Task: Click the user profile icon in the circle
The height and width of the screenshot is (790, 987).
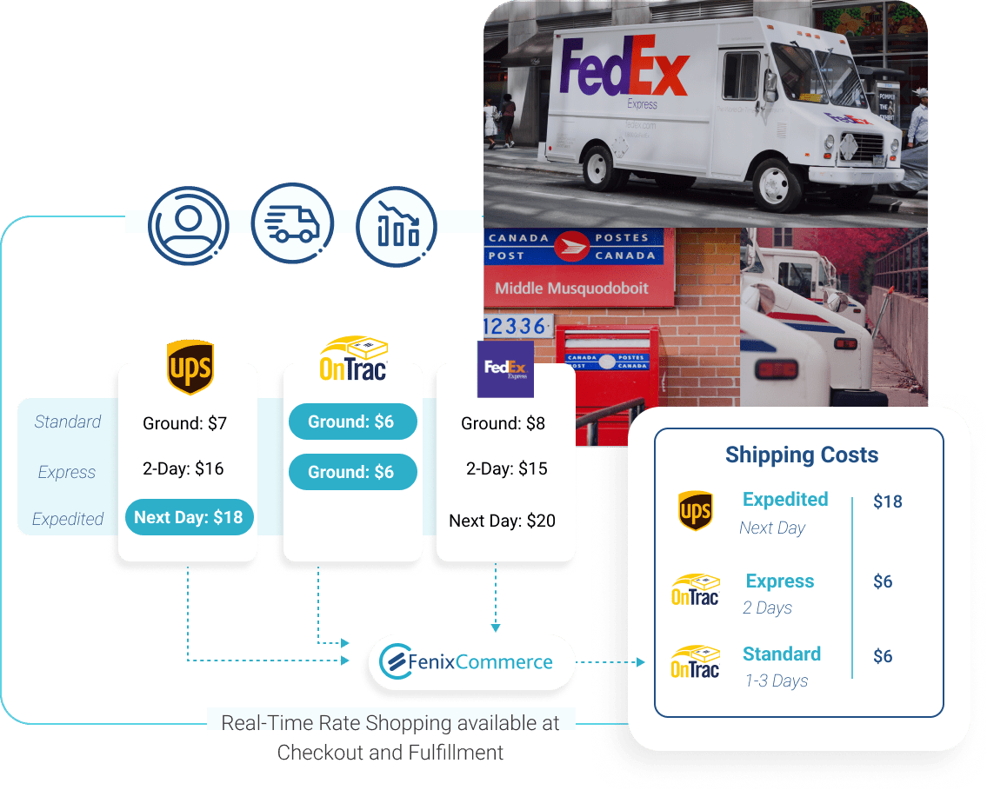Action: pyautogui.click(x=188, y=224)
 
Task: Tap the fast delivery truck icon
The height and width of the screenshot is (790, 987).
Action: pyautogui.click(x=292, y=224)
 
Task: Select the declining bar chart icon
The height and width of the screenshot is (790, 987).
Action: pyautogui.click(x=397, y=224)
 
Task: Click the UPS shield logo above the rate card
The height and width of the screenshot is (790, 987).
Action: pyautogui.click(x=190, y=367)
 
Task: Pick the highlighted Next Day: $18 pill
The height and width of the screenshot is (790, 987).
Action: pyautogui.click(x=189, y=518)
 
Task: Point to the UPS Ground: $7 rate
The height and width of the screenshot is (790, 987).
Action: pyautogui.click(x=184, y=423)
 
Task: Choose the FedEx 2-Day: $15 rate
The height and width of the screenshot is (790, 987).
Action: pyautogui.click(x=507, y=468)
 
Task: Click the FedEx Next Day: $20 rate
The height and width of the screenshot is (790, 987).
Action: pyautogui.click(x=502, y=521)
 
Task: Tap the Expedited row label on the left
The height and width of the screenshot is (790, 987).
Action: pyautogui.click(x=68, y=519)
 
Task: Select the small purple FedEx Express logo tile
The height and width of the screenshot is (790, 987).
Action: pyautogui.click(x=505, y=368)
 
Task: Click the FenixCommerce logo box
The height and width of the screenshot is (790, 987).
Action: pyautogui.click(x=471, y=662)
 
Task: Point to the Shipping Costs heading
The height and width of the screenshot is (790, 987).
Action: pyautogui.click(x=801, y=455)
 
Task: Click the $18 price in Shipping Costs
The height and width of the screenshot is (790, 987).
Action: pyautogui.click(x=887, y=501)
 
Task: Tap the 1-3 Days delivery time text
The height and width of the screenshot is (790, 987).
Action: pyautogui.click(x=776, y=680)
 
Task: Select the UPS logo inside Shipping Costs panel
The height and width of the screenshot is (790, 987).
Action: pyautogui.click(x=695, y=511)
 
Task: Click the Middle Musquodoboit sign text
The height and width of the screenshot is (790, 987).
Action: pyautogui.click(x=571, y=289)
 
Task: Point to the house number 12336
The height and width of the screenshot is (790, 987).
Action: pyautogui.click(x=516, y=326)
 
